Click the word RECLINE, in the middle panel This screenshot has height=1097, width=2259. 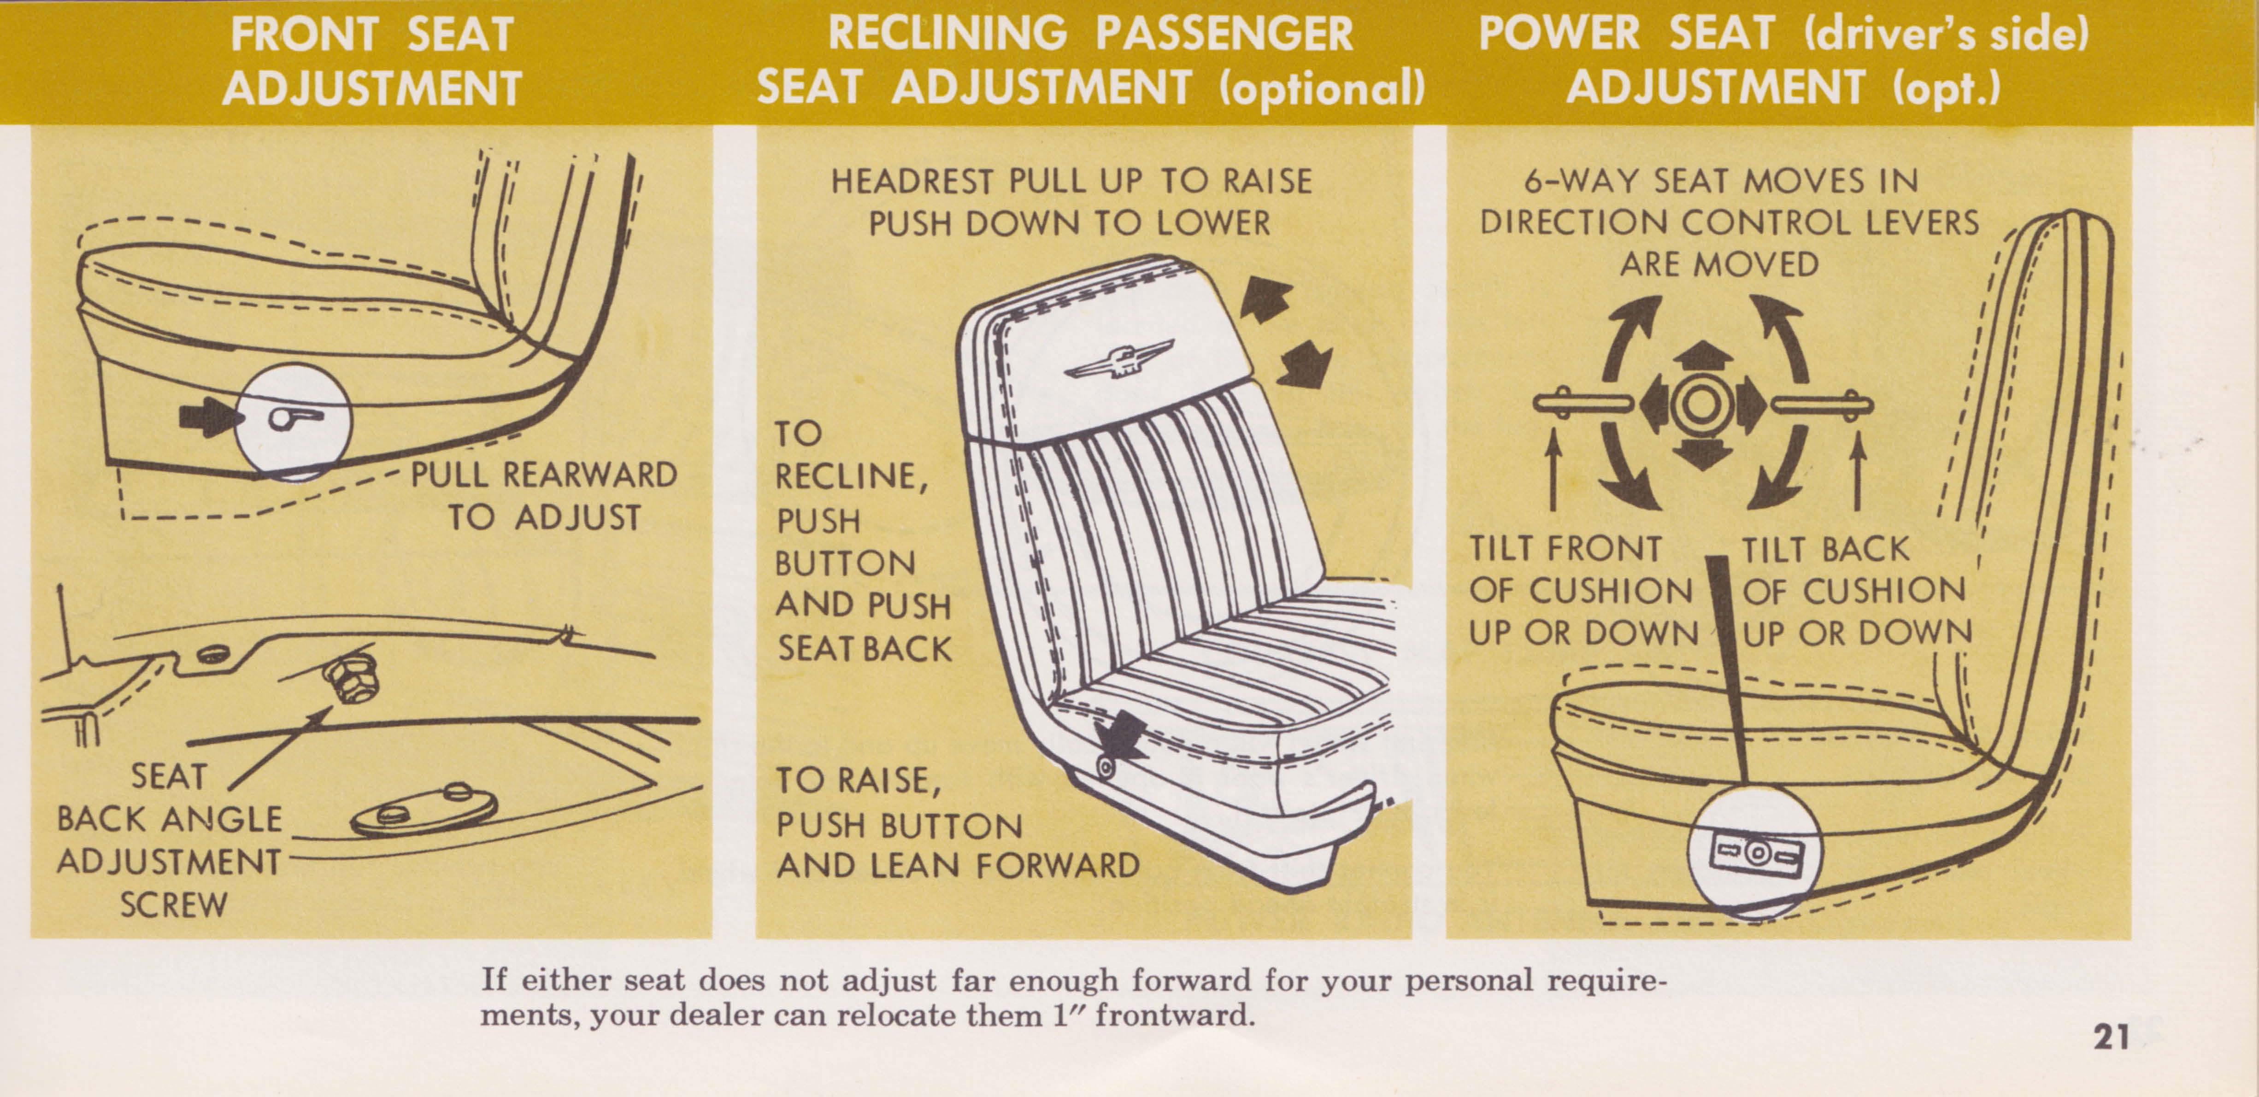[x=851, y=477]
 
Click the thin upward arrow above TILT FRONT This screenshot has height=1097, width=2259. [x=1553, y=467]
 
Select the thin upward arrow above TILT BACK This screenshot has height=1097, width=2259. [x=1857, y=467]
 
